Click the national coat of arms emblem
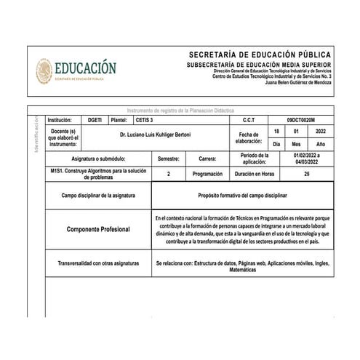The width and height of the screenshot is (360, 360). (43, 71)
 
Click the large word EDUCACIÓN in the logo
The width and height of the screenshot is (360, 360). (84, 68)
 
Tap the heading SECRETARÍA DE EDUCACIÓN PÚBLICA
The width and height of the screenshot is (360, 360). (260, 55)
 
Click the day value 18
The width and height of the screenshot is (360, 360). (276, 131)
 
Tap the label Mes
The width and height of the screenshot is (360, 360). (296, 144)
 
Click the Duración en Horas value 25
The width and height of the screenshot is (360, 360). (307, 175)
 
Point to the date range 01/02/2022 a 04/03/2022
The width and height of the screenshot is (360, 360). (307, 158)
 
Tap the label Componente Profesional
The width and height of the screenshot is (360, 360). (98, 229)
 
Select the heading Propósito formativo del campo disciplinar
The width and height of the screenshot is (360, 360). (243, 196)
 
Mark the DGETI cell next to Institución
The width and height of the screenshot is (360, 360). (95, 119)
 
